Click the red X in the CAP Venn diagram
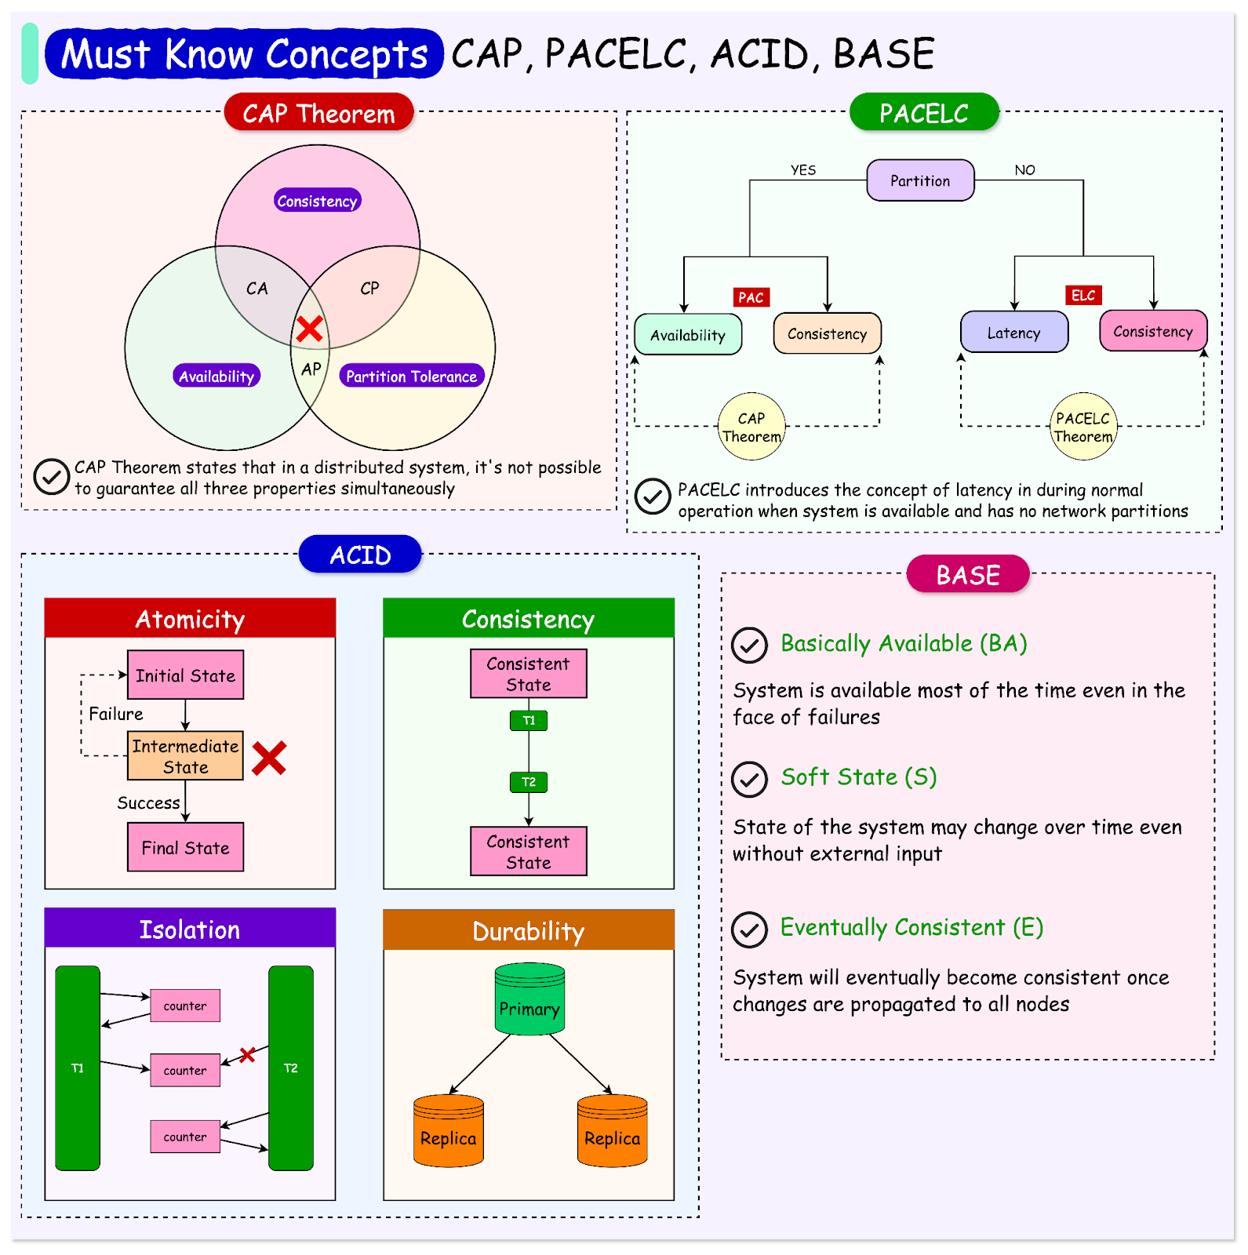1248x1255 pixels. pyautogui.click(x=310, y=329)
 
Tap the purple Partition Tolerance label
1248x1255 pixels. pyautogui.click(x=412, y=376)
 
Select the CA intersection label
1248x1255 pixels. pyautogui.click(x=257, y=289)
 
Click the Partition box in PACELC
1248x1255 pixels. pyautogui.click(x=920, y=180)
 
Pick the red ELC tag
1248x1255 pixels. pyautogui.click(x=1083, y=296)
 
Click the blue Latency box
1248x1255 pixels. pyautogui.click(x=1013, y=333)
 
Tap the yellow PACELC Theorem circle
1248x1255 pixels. pyautogui.click(x=1083, y=427)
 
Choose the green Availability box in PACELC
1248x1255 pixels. pyautogui.click(x=688, y=335)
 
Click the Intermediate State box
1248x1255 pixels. pyautogui.click(x=186, y=756)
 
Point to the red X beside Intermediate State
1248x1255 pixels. pyautogui.click(x=269, y=758)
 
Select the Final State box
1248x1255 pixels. pyautogui.click(x=186, y=847)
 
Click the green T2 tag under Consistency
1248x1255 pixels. pyautogui.click(x=529, y=782)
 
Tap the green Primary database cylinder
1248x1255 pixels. pyautogui.click(x=529, y=1000)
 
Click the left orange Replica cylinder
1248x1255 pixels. pyautogui.click(x=448, y=1131)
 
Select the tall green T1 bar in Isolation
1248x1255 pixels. pyautogui.click(x=78, y=1068)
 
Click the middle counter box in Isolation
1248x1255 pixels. pyautogui.click(x=185, y=1070)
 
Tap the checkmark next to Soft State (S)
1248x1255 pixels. pyautogui.click(x=749, y=780)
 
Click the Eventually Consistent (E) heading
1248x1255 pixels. pyautogui.click(x=911, y=927)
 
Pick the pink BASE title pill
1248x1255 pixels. pyautogui.click(x=967, y=575)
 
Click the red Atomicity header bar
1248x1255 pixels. pyautogui.click(x=190, y=619)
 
